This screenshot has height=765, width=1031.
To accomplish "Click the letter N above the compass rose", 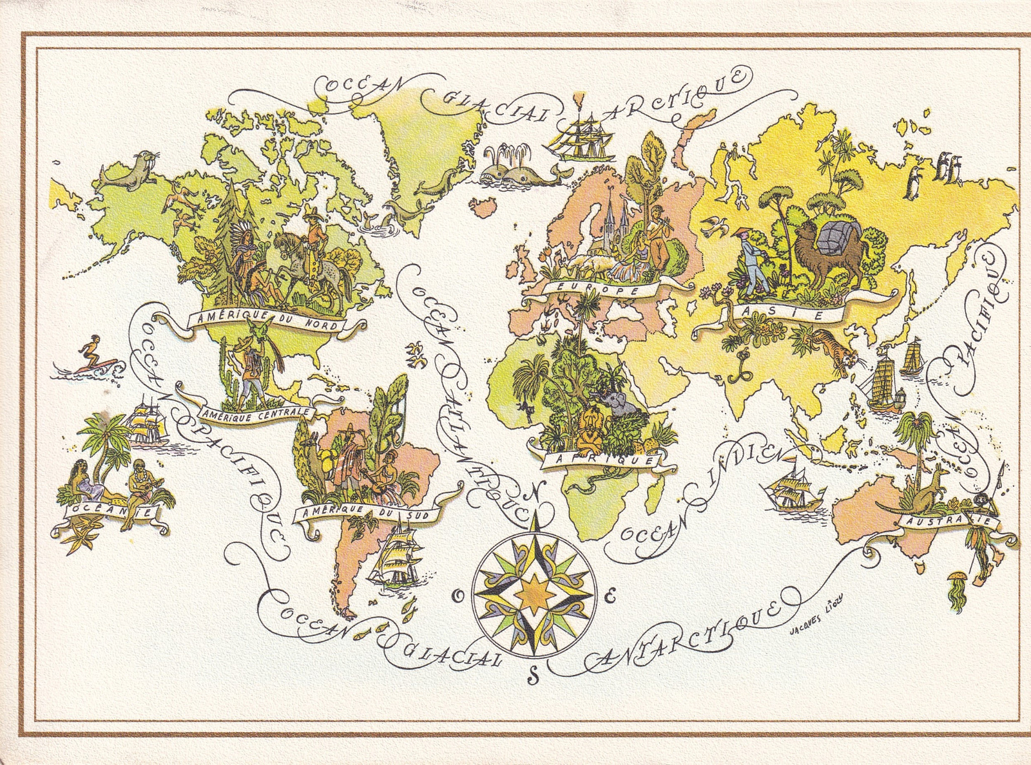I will click(x=534, y=495).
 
